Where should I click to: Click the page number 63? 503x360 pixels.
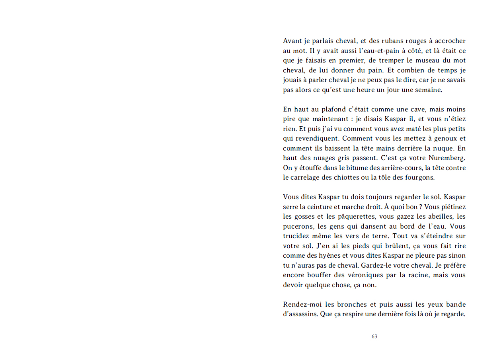coord(374,337)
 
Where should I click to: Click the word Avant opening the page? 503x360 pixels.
coord(292,41)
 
